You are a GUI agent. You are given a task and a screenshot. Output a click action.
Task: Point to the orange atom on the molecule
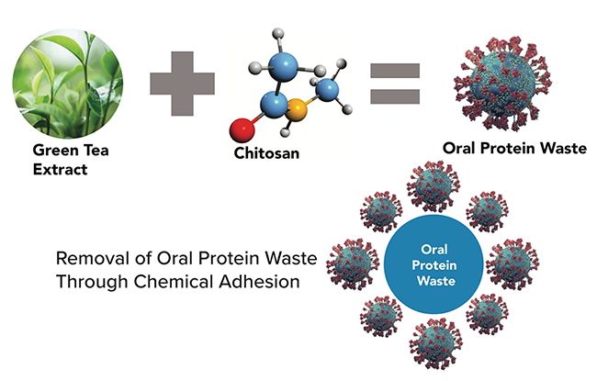click(297, 114)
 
